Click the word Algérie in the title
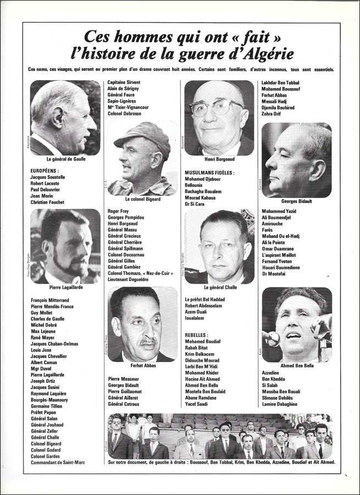264,54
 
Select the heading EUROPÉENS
46,171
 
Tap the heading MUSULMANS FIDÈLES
209,173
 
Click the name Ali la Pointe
278,241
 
